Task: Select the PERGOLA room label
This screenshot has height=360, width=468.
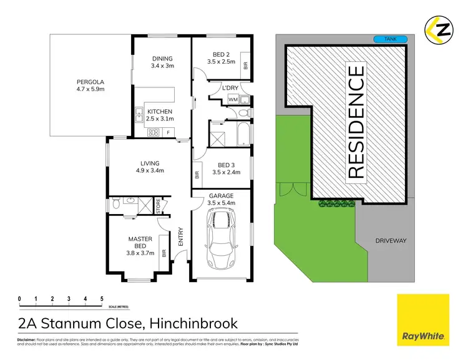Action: pyautogui.click(x=90, y=81)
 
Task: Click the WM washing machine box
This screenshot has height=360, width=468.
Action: pyautogui.click(x=232, y=100)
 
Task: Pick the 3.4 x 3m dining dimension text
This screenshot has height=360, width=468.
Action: pyautogui.click(x=163, y=66)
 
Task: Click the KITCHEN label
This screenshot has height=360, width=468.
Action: pyautogui.click(x=160, y=112)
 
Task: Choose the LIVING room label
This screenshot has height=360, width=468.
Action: pyautogui.click(x=150, y=164)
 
